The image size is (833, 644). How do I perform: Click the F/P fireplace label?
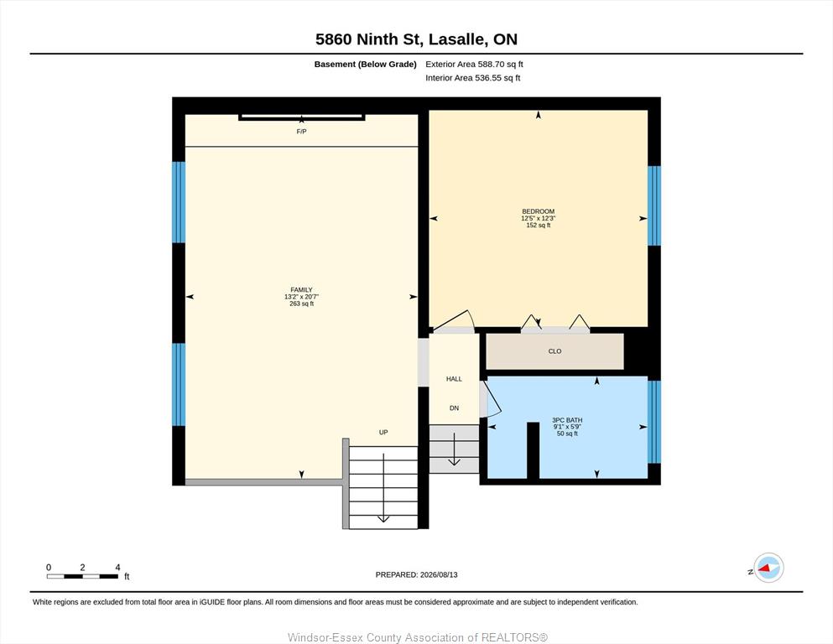(x=301, y=131)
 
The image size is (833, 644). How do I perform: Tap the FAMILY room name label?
(x=301, y=290)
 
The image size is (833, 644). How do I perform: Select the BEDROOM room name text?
(x=539, y=211)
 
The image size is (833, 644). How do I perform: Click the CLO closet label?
(x=554, y=351)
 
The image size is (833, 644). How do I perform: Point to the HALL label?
(x=454, y=379)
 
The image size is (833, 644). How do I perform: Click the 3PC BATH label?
(x=567, y=420)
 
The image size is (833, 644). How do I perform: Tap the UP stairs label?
(x=383, y=432)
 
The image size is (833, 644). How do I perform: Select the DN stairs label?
(x=454, y=408)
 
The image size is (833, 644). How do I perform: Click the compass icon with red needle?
(x=768, y=568)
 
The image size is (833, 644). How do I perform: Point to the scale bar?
(x=82, y=576)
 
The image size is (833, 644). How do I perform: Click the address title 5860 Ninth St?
(x=369, y=39)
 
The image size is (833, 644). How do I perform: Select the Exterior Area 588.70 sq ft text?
(x=475, y=65)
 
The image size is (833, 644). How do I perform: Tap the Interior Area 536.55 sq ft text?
(x=473, y=78)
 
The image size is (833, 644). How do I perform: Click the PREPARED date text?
(x=416, y=574)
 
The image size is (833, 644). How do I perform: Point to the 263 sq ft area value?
(x=302, y=304)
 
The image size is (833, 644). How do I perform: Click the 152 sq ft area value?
(x=539, y=225)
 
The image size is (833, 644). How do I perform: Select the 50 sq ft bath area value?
(x=567, y=434)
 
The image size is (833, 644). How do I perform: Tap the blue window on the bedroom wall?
(x=654, y=205)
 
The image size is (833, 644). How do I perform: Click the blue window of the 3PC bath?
(x=654, y=422)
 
